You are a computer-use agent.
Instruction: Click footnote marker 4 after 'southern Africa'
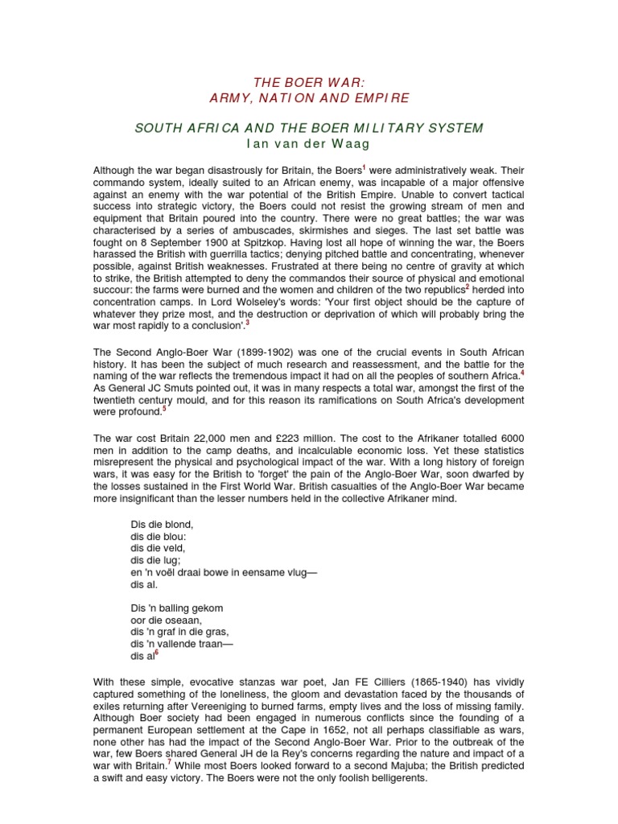tap(522, 372)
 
